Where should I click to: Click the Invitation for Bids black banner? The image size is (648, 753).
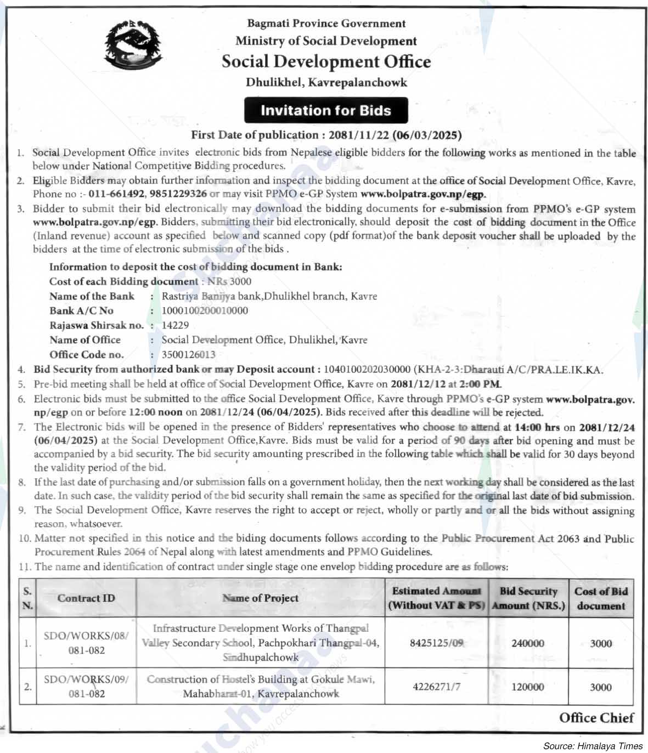pos(326,110)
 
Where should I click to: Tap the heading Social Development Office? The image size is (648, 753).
pos(326,61)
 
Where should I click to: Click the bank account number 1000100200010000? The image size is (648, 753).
pos(205,310)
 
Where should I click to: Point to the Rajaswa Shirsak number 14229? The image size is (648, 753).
pos(175,325)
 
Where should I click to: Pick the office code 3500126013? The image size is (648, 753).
pos(188,354)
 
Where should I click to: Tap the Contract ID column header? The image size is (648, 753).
pos(86,598)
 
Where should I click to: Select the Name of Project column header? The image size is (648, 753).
pos(261,598)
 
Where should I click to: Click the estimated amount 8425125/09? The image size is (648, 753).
pos(436,643)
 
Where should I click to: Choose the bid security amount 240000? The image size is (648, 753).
pos(528,643)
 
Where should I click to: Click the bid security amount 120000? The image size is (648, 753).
pos(528,687)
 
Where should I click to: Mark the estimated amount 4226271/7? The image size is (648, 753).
pos(436,687)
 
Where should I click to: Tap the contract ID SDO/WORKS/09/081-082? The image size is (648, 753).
pos(86,687)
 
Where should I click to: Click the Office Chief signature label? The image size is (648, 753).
pos(596,717)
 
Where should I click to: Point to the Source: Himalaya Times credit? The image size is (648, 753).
pos(593,746)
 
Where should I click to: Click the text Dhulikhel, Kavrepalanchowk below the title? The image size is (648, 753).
pos(326,82)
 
